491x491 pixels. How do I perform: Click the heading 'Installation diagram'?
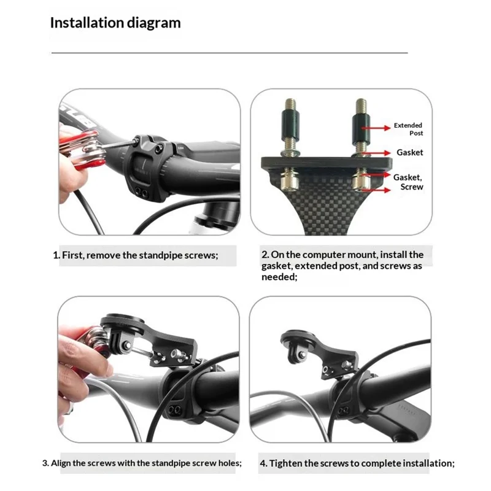click(115, 23)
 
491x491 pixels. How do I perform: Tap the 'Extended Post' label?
click(408, 129)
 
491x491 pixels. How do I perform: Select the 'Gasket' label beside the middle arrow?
click(409, 152)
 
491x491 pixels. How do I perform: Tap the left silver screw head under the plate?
click(287, 180)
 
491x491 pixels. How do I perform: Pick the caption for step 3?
click(142, 463)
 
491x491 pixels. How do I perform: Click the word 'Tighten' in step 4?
click(286, 463)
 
